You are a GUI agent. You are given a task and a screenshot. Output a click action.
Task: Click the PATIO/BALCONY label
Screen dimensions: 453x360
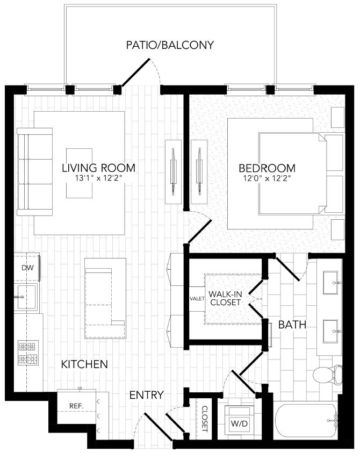click(x=170, y=45)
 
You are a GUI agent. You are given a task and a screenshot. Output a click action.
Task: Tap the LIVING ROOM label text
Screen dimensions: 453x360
click(x=98, y=168)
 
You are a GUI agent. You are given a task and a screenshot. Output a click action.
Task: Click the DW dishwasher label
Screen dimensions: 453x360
click(x=27, y=267)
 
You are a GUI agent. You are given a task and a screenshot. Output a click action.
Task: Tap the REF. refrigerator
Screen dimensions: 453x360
click(x=76, y=406)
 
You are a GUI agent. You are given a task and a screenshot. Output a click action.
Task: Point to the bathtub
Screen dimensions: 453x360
click(x=306, y=422)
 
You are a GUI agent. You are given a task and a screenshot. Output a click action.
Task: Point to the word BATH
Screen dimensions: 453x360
click(x=292, y=325)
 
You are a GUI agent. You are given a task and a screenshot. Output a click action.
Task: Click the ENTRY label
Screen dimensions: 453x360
click(x=147, y=395)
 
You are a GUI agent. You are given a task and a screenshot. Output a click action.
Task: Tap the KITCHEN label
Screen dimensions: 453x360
click(x=84, y=364)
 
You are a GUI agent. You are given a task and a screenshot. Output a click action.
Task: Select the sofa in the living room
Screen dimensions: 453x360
click(x=34, y=171)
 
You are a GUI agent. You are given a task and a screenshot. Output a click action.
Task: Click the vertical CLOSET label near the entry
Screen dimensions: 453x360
click(x=204, y=420)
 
